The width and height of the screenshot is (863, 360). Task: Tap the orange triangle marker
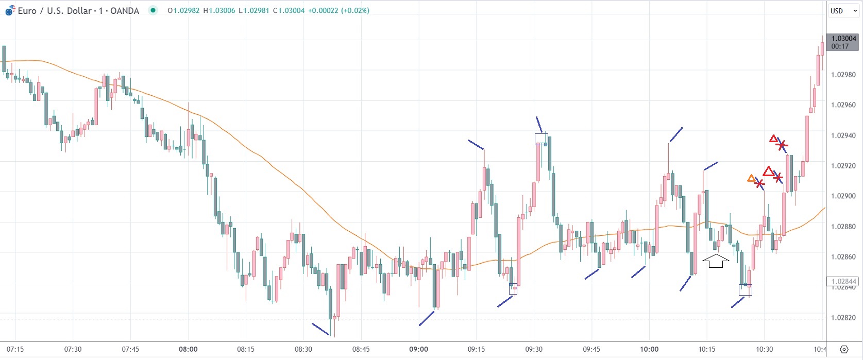coord(751,179)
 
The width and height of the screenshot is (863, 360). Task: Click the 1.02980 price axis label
coord(843,75)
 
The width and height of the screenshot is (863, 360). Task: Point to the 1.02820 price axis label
coord(843,318)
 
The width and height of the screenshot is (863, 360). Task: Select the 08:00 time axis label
coord(188,349)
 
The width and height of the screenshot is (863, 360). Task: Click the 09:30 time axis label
coord(534,349)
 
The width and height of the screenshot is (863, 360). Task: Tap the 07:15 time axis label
coord(15,349)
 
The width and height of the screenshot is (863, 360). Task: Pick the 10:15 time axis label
coord(707,349)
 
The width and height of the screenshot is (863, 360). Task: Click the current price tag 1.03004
coord(843,39)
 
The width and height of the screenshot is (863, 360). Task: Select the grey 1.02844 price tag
coord(843,281)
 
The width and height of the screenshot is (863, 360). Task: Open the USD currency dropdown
coord(843,11)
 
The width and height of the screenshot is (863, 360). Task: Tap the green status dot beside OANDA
coord(153,10)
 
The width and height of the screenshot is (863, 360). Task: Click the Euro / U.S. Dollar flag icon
coord(10,11)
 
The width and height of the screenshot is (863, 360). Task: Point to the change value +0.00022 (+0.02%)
coord(339,10)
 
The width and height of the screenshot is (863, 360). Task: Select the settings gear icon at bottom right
coord(844,349)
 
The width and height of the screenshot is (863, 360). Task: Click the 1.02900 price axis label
coord(843,196)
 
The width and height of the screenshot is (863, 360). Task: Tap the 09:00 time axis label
coord(418,349)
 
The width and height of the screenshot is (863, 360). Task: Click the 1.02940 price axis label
coord(843,135)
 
